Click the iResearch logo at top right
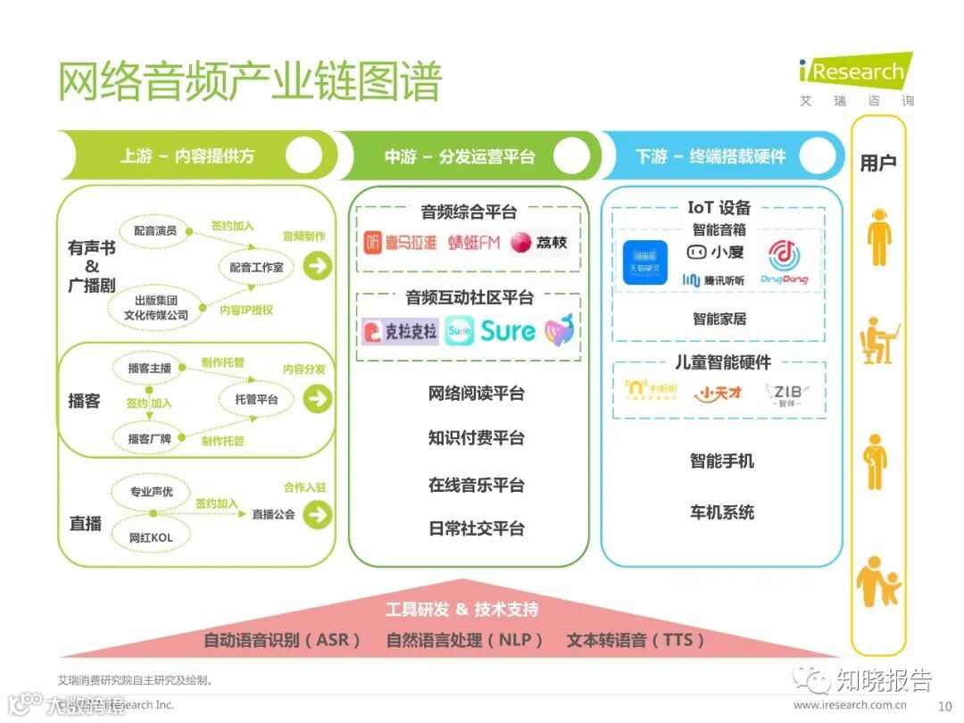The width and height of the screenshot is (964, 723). (854, 71)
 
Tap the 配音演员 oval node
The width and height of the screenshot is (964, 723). (155, 230)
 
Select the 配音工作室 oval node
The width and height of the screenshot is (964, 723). (256, 267)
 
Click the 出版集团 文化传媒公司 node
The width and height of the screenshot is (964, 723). (157, 308)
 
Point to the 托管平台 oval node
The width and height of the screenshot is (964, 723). (257, 399)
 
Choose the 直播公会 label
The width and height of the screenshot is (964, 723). (273, 514)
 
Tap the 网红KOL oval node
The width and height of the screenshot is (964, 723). (151, 537)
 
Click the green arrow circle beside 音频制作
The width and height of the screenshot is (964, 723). (317, 265)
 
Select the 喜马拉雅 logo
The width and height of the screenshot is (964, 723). (401, 243)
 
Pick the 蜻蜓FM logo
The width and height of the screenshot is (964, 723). (474, 243)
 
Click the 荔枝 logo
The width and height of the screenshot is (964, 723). (538, 243)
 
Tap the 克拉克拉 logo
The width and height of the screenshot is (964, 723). (400, 332)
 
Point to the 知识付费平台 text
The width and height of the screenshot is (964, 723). (476, 438)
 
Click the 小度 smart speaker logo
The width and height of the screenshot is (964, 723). (715, 253)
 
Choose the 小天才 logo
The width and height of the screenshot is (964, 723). (719, 393)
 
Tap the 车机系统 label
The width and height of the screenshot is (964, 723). (721, 512)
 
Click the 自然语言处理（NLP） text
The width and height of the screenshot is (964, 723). (464, 640)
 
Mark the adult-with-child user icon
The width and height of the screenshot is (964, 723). (878, 582)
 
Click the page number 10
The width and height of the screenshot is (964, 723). (944, 705)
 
